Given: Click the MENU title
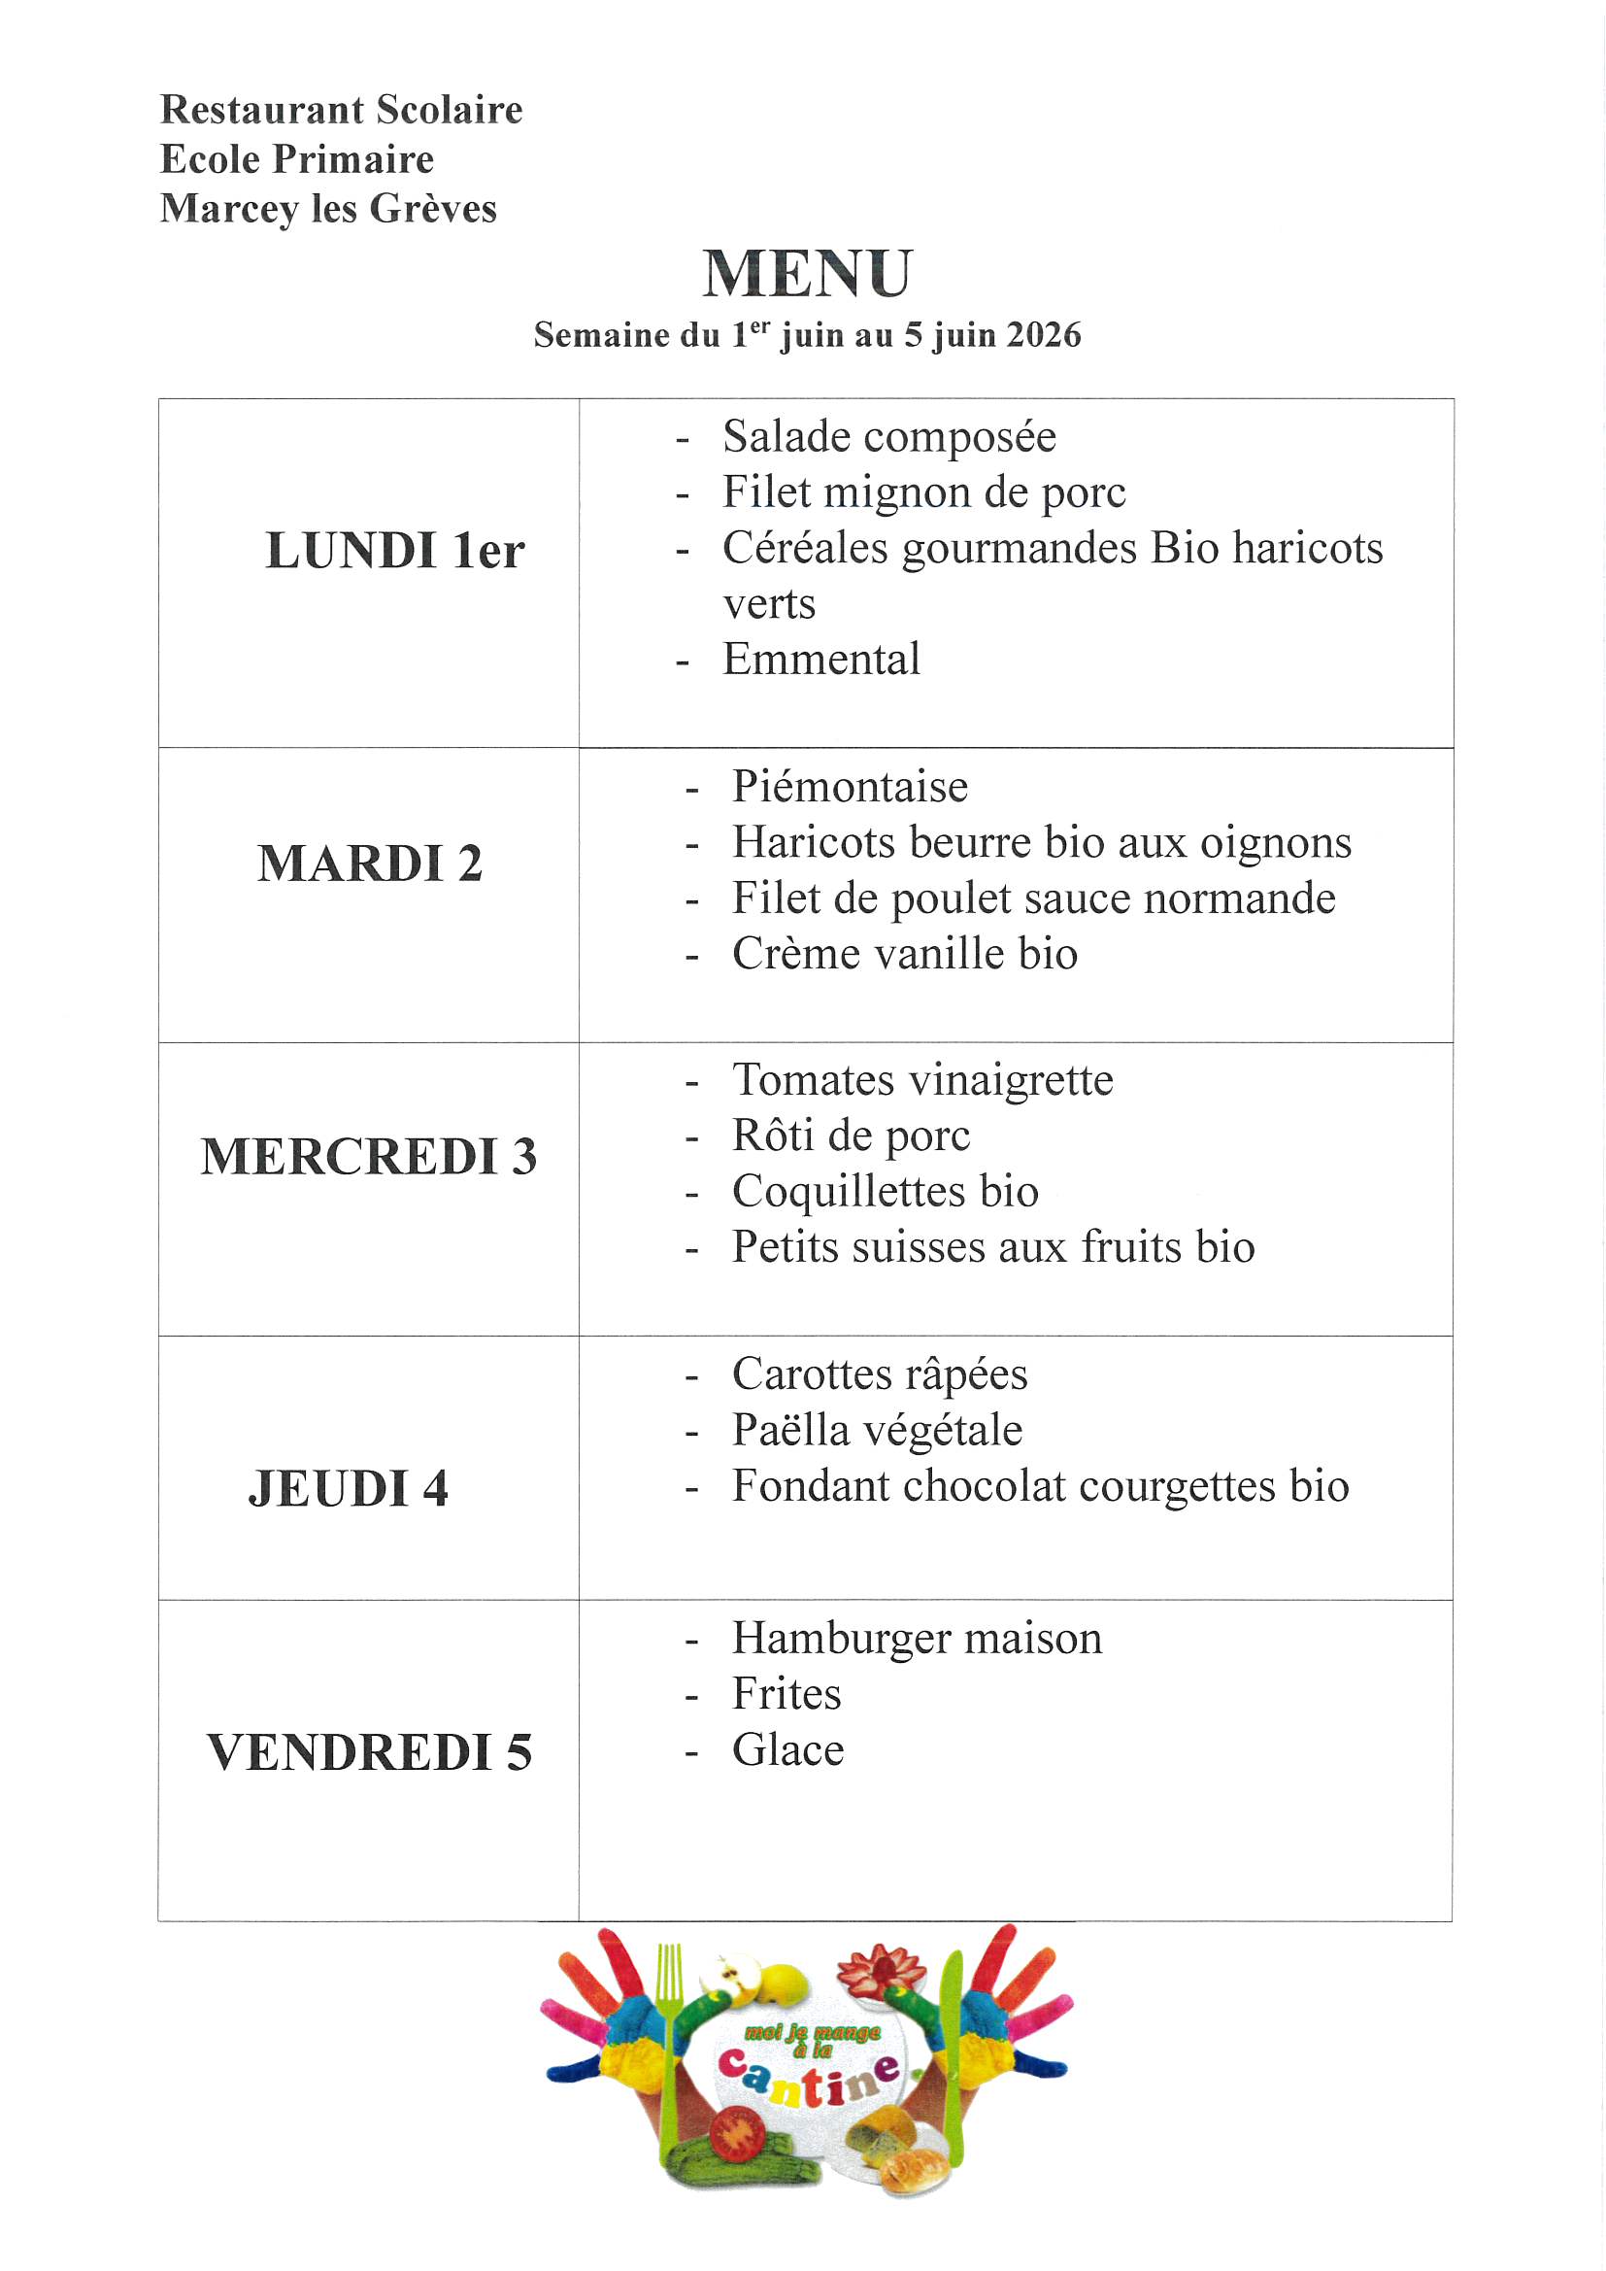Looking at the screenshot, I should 807,273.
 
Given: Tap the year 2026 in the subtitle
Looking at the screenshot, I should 1045,335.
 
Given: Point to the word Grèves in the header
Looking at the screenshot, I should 433,209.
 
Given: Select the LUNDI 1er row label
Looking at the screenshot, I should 394,551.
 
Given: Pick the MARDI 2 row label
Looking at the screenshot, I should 370,863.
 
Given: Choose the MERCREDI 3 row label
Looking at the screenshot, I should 369,1156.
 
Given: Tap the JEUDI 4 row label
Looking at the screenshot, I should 349,1489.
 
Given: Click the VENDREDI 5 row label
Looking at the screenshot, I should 369,1752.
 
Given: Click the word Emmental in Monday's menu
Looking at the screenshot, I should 820,660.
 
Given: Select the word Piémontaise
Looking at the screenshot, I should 850,788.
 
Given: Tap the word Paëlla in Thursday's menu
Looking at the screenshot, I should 790,1430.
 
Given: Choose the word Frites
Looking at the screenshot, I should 786,1694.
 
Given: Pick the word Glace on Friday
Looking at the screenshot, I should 787,1750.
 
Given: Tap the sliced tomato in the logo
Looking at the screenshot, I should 738,2134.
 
